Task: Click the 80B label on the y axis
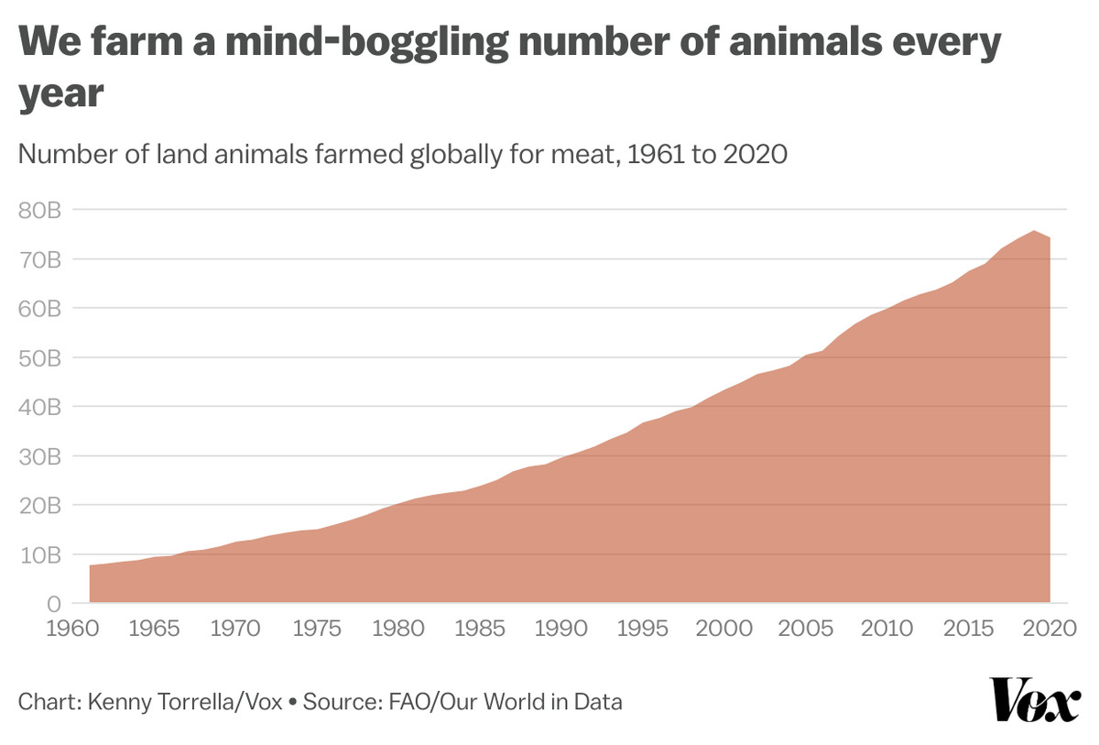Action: point(38,210)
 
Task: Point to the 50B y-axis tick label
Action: point(38,357)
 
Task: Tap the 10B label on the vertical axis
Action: point(38,554)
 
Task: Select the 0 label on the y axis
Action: point(53,604)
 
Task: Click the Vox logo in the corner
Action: point(1034,701)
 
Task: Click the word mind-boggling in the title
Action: point(352,44)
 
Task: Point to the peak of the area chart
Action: point(1033,231)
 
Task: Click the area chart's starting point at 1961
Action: point(90,566)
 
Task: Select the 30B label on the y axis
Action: point(38,455)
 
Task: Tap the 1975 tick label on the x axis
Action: point(317,629)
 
